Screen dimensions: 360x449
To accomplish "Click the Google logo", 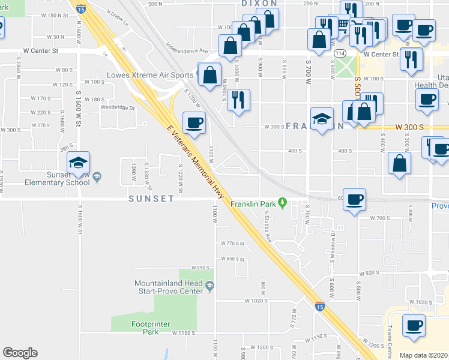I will (x=20, y=353).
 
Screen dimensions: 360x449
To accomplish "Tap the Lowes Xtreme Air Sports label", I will (x=150, y=76).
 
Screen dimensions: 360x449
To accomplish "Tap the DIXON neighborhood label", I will (x=260, y=4).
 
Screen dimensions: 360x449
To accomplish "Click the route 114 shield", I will (x=339, y=54).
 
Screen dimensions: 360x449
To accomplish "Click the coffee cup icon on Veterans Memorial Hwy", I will (x=194, y=123).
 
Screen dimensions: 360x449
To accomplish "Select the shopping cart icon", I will (x=342, y=25).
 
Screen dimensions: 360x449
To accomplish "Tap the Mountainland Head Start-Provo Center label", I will (x=168, y=287).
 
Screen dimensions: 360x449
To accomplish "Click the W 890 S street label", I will (x=200, y=268).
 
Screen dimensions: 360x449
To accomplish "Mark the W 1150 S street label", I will (x=184, y=332).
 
